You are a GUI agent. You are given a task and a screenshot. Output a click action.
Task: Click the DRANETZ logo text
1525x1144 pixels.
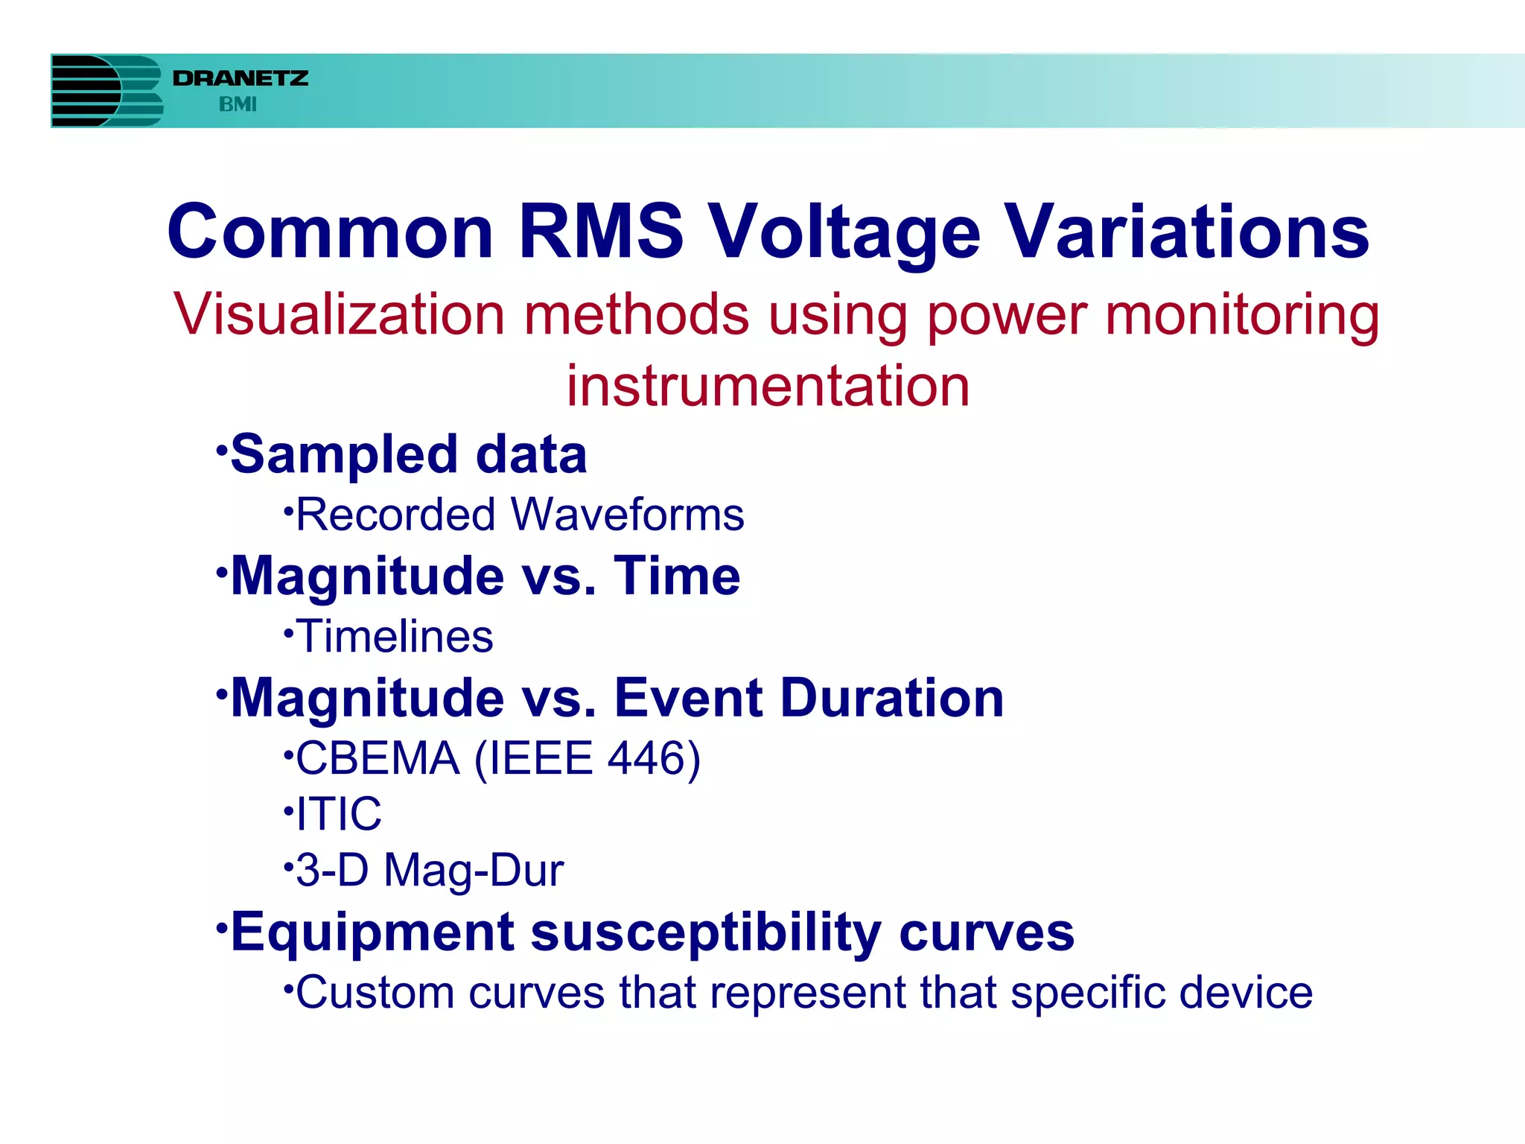pos(240,78)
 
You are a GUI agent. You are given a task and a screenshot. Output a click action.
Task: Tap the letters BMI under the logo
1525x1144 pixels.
pos(238,105)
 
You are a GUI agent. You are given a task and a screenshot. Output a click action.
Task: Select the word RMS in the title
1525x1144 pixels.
pos(600,232)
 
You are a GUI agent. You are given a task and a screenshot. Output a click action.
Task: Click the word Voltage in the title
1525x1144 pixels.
pos(844,233)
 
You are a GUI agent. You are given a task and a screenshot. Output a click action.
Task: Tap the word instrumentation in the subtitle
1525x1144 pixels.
pos(768,386)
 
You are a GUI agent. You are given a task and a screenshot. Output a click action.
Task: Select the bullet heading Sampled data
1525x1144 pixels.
pos(408,454)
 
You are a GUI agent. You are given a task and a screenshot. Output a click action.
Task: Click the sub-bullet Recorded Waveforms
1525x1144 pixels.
pos(520,515)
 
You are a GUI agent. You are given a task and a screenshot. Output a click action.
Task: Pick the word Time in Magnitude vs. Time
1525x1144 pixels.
pos(676,576)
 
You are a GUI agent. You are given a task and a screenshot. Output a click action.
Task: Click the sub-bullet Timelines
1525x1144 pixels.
pos(395,637)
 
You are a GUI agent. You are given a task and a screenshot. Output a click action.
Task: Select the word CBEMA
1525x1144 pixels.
pos(378,758)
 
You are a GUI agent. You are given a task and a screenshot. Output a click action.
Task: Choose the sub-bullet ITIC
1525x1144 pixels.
pos(339,813)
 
